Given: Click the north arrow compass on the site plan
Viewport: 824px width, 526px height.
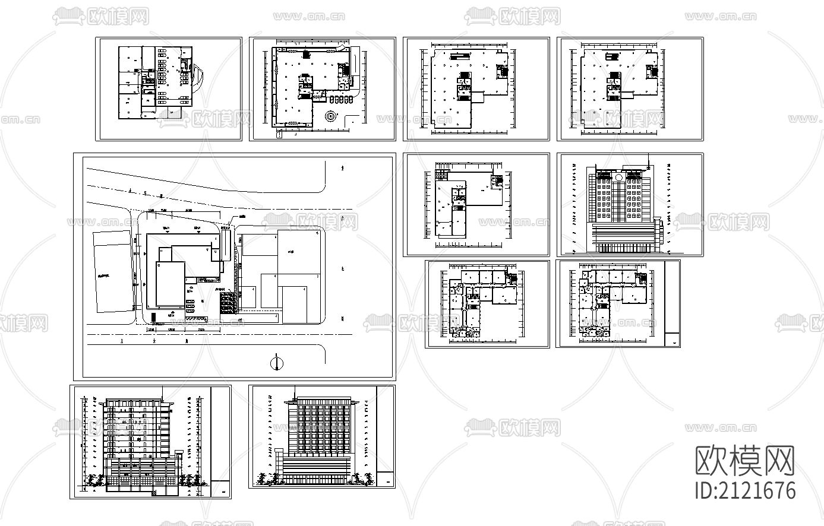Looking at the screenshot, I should pyautogui.click(x=276, y=363).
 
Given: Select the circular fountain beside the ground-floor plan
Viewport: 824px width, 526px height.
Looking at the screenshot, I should pyautogui.click(x=331, y=116).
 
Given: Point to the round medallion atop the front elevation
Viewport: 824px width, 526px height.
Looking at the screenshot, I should pyautogui.click(x=618, y=178).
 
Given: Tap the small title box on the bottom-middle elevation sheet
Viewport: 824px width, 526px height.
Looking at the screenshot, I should pyautogui.click(x=386, y=480).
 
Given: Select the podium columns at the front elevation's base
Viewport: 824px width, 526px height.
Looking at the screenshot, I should pyautogui.click(x=621, y=246).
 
